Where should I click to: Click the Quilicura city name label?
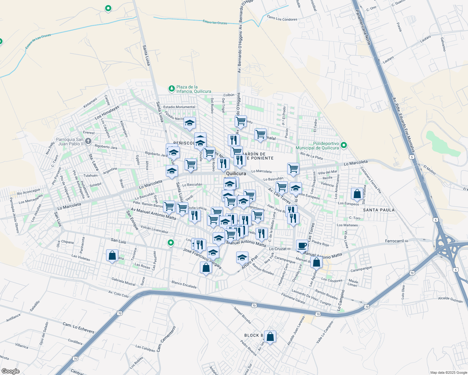pyautogui.click(x=236, y=173)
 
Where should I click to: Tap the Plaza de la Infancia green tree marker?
pyautogui.click(x=171, y=89)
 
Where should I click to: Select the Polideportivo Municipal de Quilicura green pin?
pyautogui.click(x=344, y=145)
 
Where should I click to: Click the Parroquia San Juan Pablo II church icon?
pyautogui.click(x=88, y=141)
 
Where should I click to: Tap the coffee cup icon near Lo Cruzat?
pyautogui.click(x=302, y=245)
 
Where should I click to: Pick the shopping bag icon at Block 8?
pyautogui.click(x=270, y=337)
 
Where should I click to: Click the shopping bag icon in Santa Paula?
pyautogui.click(x=357, y=194)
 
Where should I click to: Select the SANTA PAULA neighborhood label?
pyautogui.click(x=379, y=210)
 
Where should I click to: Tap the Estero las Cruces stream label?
pyautogui.click(x=215, y=22)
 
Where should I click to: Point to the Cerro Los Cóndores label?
pyautogui.click(x=282, y=19)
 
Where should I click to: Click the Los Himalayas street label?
pyautogui.click(x=107, y=112)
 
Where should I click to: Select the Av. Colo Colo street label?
pyautogui.click(x=118, y=294)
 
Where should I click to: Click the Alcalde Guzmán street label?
pyautogui.click(x=450, y=299)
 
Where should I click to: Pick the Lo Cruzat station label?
pyautogui.click(x=278, y=249)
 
